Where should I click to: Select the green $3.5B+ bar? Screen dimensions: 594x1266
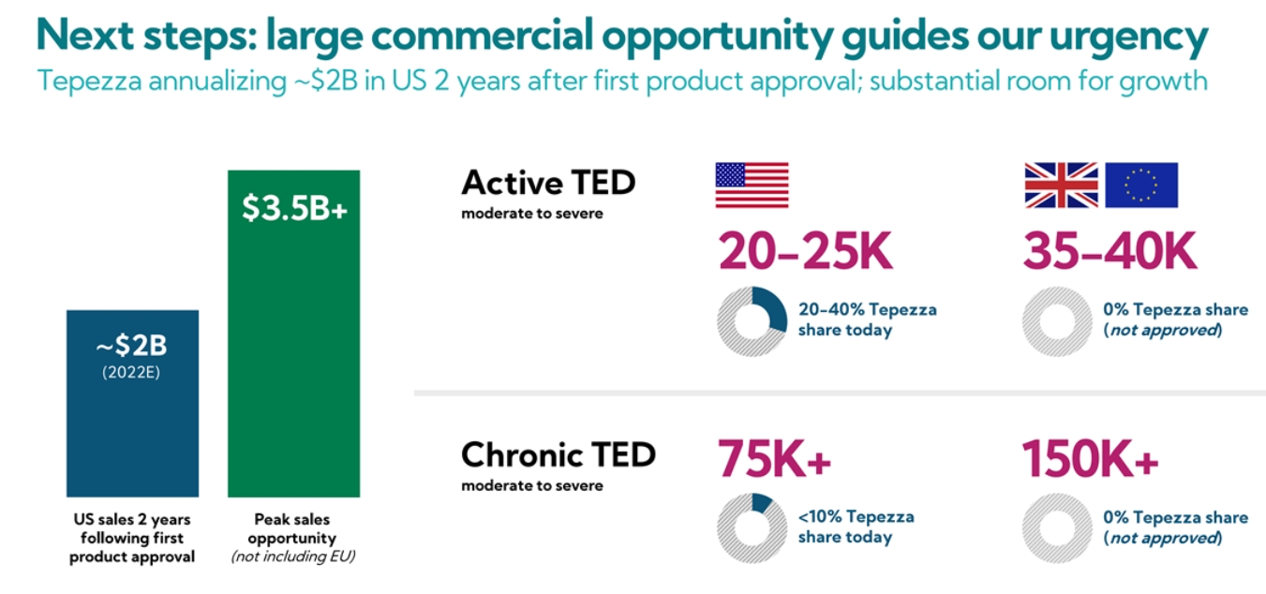click(x=293, y=356)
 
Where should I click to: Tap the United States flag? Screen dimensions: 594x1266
click(x=752, y=185)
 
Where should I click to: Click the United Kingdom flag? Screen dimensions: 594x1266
click(x=1061, y=185)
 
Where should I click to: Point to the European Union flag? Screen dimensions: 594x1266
click(x=1141, y=185)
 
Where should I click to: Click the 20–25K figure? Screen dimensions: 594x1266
click(x=806, y=251)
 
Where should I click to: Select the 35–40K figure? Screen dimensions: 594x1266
click(x=1110, y=251)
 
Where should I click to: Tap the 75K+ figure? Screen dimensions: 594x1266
click(x=775, y=458)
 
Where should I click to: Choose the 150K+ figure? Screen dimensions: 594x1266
click(x=1090, y=458)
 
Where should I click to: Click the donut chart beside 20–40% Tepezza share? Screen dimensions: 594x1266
click(x=752, y=321)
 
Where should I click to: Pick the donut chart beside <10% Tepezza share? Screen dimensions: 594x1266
click(x=752, y=527)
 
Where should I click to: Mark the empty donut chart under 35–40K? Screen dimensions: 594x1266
click(x=1056, y=321)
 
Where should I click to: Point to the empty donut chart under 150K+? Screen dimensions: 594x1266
click(x=1056, y=527)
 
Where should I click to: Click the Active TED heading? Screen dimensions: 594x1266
click(x=548, y=182)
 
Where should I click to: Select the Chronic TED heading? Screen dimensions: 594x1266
click(x=559, y=454)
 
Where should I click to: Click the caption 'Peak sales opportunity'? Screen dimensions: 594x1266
click(x=292, y=528)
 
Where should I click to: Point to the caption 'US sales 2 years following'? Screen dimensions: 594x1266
click(x=132, y=528)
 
